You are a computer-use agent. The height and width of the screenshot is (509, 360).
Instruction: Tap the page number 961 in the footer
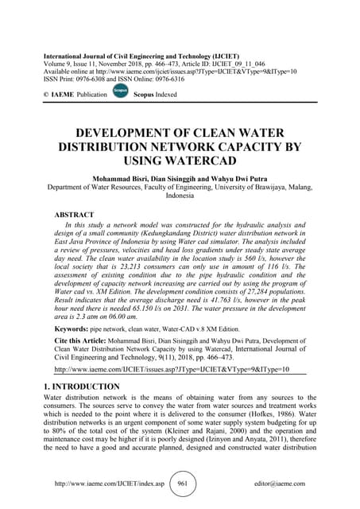181,483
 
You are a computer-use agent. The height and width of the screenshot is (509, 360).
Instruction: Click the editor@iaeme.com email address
285,484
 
